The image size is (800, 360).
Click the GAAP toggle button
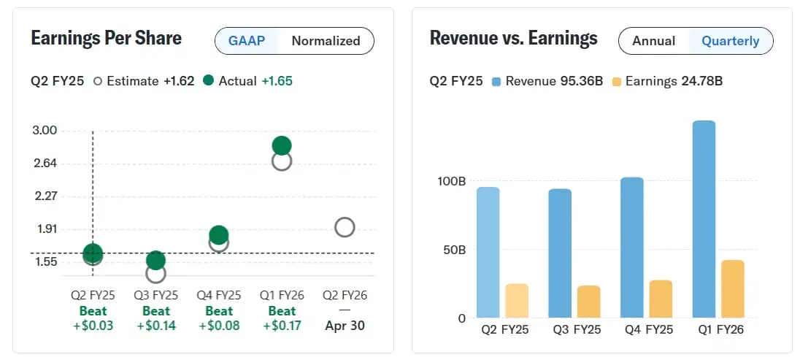(x=247, y=41)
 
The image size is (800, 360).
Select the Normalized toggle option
(x=326, y=41)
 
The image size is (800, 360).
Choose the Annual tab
(x=653, y=41)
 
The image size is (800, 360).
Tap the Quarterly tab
(x=730, y=41)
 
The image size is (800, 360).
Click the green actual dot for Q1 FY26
(x=282, y=145)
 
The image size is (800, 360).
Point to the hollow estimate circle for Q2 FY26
(x=345, y=227)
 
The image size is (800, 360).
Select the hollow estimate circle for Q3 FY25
(x=155, y=273)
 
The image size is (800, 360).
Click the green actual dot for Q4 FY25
(x=218, y=234)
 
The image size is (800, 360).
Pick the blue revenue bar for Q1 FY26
(x=704, y=219)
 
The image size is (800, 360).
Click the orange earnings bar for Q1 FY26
(x=732, y=288)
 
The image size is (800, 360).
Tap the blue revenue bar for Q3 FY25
(x=560, y=253)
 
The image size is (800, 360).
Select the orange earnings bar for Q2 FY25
(x=517, y=300)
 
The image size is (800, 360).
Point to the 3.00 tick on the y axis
(x=45, y=131)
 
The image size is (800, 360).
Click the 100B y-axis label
(x=451, y=181)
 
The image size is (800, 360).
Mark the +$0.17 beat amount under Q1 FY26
(x=282, y=326)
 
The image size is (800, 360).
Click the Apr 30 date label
(x=345, y=326)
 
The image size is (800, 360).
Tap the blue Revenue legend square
(x=496, y=81)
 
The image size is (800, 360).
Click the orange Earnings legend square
(x=617, y=81)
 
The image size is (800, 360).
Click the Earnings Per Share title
(x=106, y=38)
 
